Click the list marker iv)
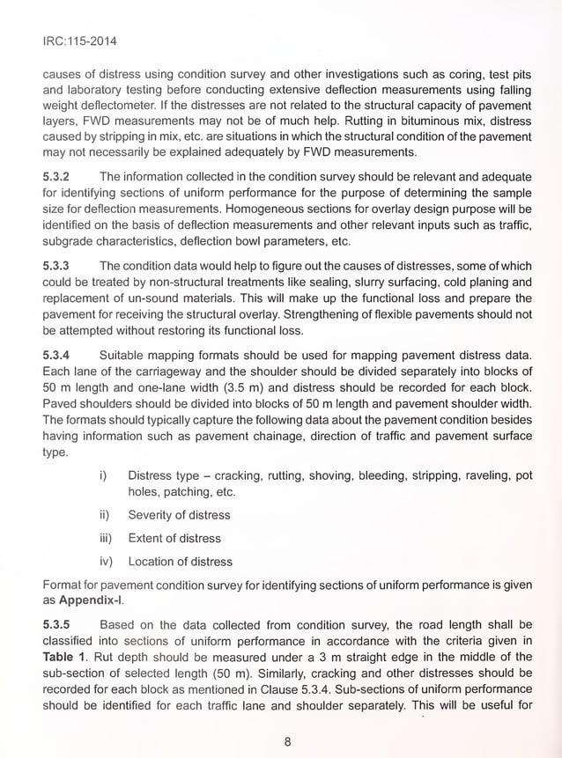coord(106,561)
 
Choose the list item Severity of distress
coord(179,515)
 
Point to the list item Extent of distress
coord(174,538)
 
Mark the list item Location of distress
coord(181,561)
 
